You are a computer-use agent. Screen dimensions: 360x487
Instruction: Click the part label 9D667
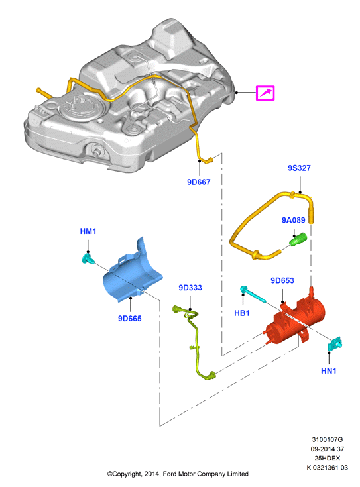198,182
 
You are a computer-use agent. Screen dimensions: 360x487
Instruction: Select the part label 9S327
299,168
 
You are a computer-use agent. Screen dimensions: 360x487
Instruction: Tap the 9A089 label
294,220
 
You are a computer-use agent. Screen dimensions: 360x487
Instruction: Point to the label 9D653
282,280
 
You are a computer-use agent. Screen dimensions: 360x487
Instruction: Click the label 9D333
190,288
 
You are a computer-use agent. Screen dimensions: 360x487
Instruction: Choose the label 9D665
130,319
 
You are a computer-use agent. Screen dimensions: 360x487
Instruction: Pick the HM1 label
88,231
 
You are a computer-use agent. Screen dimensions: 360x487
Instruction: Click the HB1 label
242,313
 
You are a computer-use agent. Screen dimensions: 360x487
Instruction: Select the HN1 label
329,371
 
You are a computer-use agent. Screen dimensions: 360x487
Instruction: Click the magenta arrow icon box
265,93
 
